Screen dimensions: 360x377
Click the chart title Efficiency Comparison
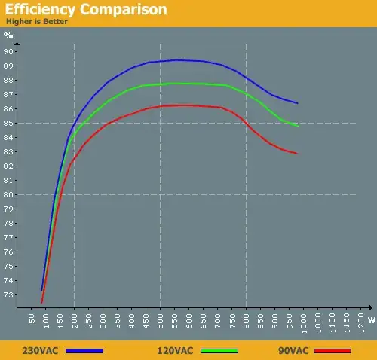[85, 10]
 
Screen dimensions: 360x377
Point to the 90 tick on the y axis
[9, 51]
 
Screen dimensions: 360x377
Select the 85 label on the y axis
[9, 123]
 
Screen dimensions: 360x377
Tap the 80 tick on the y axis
[9, 194]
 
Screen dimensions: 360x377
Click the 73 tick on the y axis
[9, 294]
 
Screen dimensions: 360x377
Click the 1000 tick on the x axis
[303, 323]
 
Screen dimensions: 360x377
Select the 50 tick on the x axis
[32, 320]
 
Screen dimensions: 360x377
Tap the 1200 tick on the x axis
[360, 323]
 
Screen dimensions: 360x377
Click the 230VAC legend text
[40, 350]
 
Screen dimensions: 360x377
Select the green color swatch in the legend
[219, 350]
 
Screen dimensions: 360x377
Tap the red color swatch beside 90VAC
[333, 350]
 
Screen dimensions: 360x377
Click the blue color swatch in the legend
[84, 350]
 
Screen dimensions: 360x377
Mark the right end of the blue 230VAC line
[297, 103]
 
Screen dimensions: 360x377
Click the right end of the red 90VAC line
[297, 154]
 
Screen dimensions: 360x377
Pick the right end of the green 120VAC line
[297, 126]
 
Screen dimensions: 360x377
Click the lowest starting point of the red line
[41, 302]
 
